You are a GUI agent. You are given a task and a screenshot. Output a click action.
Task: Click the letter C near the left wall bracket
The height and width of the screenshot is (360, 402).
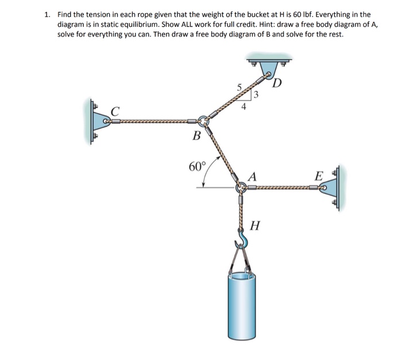point(115,111)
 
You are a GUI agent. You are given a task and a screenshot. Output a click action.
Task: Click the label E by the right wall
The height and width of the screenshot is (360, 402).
point(319,176)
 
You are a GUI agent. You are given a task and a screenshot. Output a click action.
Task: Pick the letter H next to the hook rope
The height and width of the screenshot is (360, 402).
point(256,226)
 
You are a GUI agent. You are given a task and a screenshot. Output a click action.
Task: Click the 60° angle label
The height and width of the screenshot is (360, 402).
point(196,167)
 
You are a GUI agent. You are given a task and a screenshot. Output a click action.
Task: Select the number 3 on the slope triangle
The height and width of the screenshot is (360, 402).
point(256,94)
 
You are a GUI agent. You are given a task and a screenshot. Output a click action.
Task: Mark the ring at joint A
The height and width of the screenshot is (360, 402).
point(241,187)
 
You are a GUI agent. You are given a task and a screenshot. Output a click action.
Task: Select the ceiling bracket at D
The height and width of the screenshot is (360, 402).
point(269,64)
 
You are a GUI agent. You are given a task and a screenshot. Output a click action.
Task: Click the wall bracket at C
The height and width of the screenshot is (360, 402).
point(98,121)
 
